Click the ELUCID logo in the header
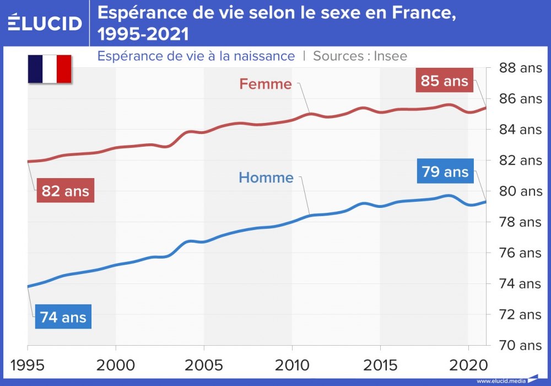45,23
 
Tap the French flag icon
50,69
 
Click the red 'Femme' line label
265,84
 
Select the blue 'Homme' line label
266,178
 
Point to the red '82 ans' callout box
65,191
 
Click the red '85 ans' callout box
444,81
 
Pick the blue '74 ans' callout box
63,317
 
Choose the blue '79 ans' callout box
445,172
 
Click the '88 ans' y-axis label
520,68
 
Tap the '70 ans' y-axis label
520,346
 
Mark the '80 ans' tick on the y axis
520,192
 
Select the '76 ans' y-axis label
520,253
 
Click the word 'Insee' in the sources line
390,56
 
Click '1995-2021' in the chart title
143,34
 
